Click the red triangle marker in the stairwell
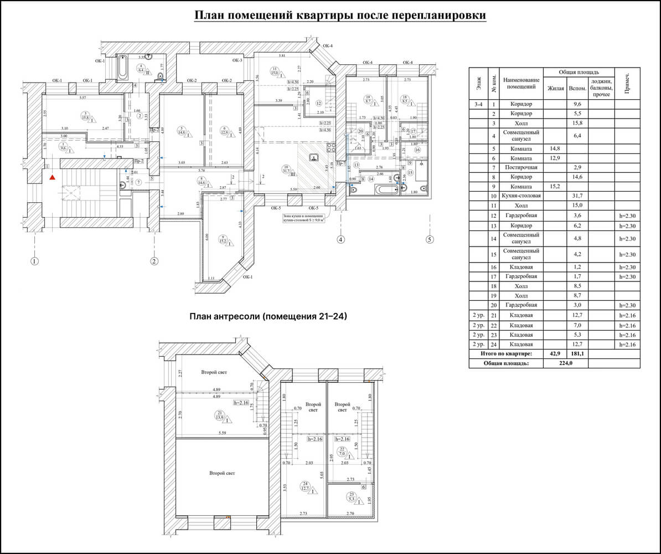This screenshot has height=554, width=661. coord(51,177)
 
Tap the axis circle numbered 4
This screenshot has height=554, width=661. coord(340,240)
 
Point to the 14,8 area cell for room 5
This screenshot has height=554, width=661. coord(556,149)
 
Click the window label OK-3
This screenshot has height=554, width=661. coord(237,60)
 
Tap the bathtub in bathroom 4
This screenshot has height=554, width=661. coord(122,69)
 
